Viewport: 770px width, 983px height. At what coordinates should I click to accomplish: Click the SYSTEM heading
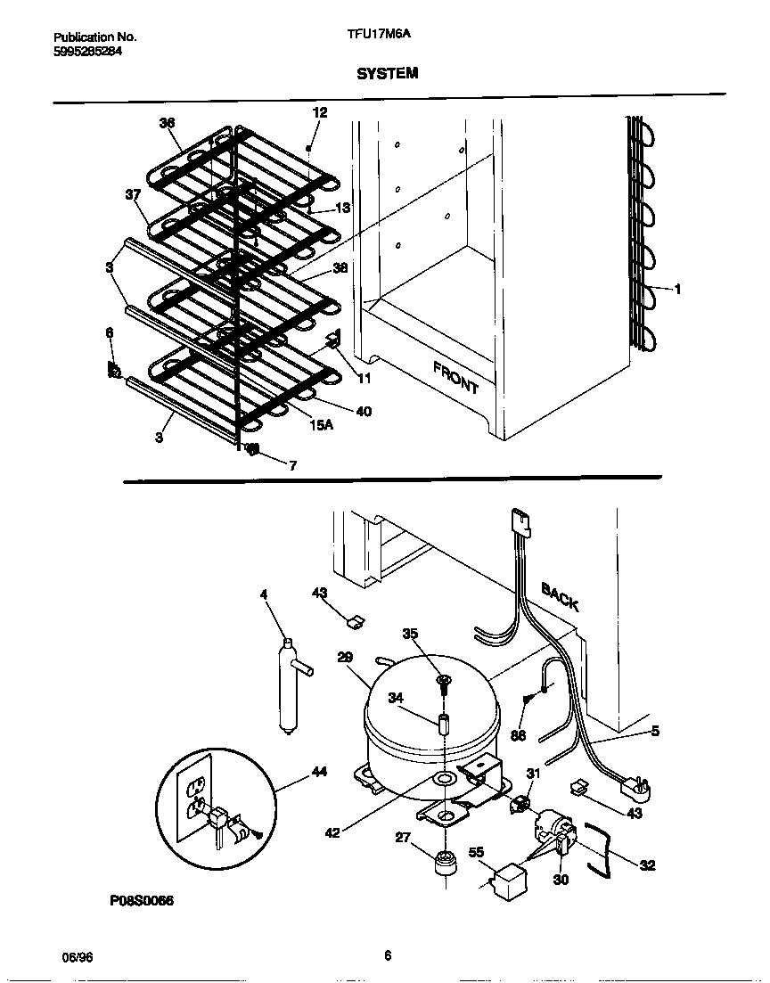coord(387,74)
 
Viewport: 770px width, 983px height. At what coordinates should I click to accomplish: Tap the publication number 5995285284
coord(87,52)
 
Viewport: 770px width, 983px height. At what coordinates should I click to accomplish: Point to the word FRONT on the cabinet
coord(456,378)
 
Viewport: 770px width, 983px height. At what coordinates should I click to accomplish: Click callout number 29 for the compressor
coord(346,657)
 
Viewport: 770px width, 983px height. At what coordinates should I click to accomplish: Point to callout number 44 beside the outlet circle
coord(319,772)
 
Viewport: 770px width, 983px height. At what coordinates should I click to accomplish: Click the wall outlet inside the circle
coord(195,793)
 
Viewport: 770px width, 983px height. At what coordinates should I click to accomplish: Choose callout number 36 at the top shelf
coord(167,123)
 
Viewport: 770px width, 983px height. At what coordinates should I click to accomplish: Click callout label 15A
coord(321,425)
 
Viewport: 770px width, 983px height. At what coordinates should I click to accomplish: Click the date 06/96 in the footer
coord(78,957)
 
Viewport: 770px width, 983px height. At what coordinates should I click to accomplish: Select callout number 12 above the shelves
coord(319,112)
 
